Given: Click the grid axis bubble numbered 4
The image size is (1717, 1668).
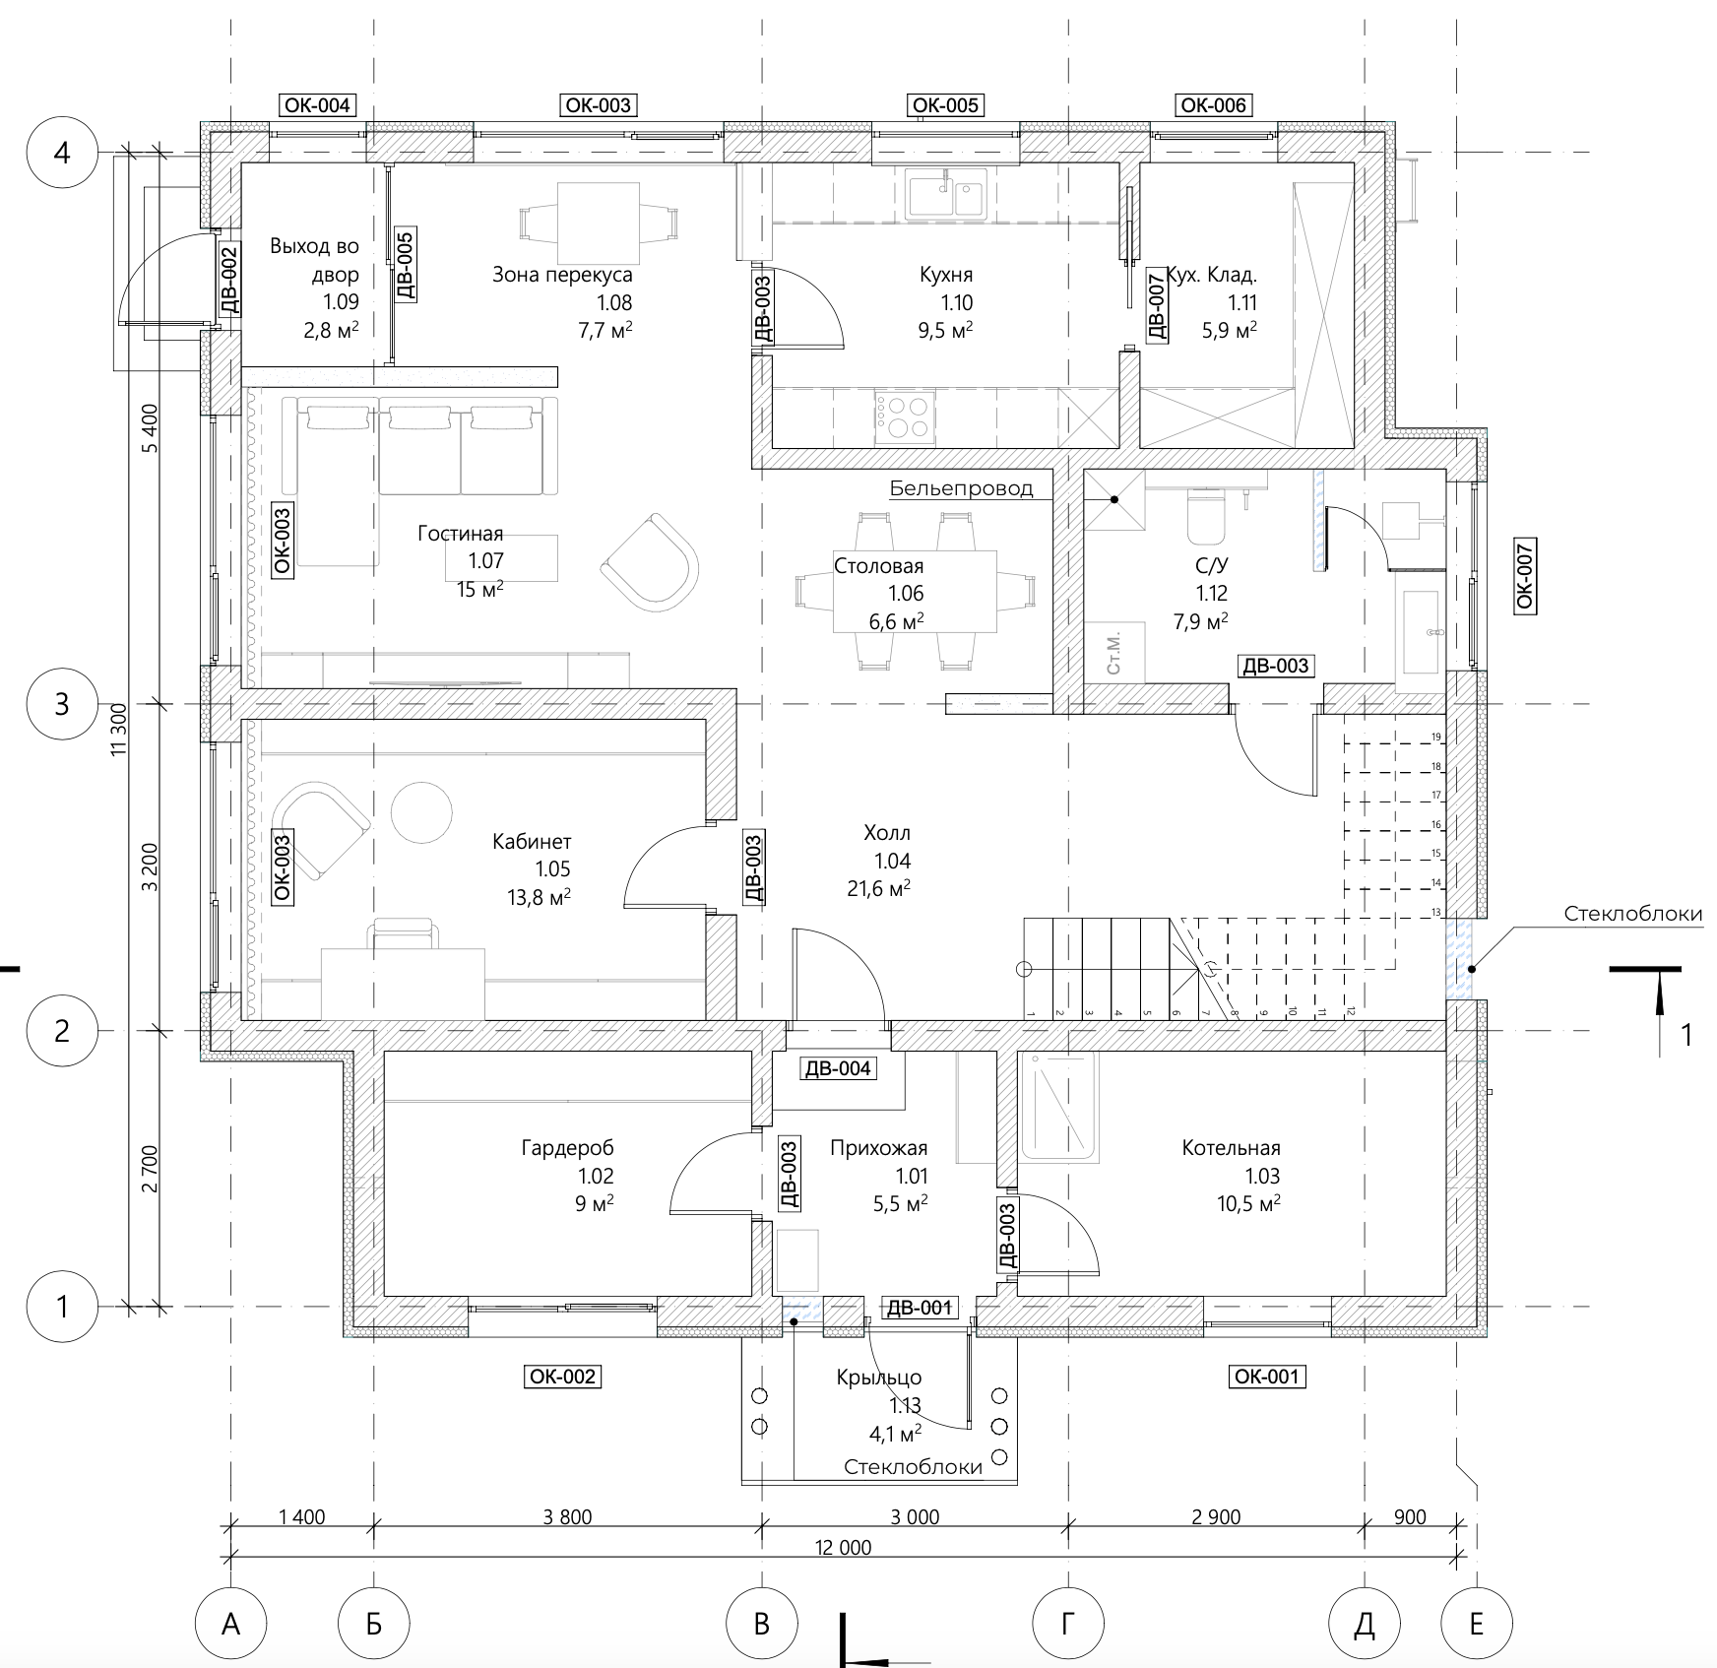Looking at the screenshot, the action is tap(62, 153).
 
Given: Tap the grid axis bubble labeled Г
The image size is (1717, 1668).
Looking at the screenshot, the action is tap(1068, 1623).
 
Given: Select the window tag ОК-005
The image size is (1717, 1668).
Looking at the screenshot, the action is tap(947, 105).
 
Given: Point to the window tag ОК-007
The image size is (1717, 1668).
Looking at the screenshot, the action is tap(1525, 575).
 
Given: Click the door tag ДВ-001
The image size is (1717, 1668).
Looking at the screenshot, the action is tap(920, 1308).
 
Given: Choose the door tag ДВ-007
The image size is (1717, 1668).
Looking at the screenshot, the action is tap(1157, 307).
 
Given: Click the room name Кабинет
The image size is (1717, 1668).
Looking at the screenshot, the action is tap(532, 842).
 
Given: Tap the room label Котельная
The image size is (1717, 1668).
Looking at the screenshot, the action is tap(1231, 1147).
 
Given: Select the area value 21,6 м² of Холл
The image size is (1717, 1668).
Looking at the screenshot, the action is tap(878, 888).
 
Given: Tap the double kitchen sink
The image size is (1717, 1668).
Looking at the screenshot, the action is tap(946, 192).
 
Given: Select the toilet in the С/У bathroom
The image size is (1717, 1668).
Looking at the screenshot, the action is tap(1206, 516).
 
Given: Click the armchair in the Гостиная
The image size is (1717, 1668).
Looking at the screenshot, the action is tap(650, 562).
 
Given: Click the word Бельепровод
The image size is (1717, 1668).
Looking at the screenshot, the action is tap(961, 488).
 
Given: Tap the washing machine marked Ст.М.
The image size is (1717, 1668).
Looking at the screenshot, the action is tap(1114, 653).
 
